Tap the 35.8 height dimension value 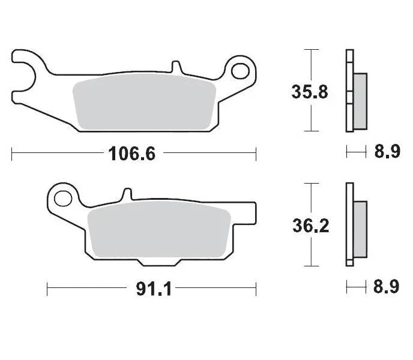pyautogui.click(x=309, y=92)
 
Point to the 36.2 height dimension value pyautogui.click(x=309, y=226)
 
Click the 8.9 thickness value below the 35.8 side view pyautogui.click(x=387, y=152)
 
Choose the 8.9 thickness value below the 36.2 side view pyautogui.click(x=387, y=287)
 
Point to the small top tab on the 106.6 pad pyautogui.click(x=175, y=65)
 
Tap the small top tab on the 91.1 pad pyautogui.click(x=126, y=194)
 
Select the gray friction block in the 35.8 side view pyautogui.click(x=360, y=101)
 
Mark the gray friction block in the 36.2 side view pyautogui.click(x=360, y=227)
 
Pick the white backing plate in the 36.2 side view pyautogui.click(x=349, y=223)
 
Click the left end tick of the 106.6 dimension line pyautogui.click(x=12, y=154)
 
